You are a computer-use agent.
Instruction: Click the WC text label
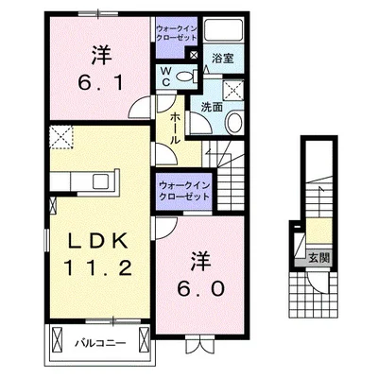click(x=166, y=75)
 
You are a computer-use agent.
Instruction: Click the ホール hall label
click(x=177, y=129)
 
